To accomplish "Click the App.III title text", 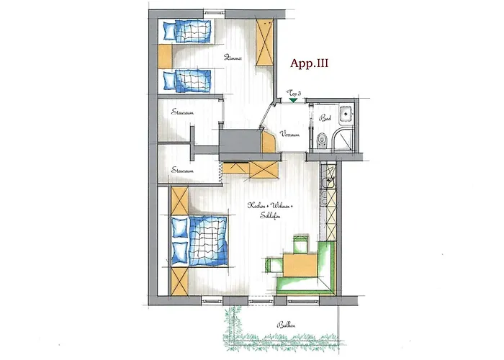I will (x=310, y=63).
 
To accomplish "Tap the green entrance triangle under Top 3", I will (x=293, y=101).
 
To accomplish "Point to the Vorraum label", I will (x=289, y=134).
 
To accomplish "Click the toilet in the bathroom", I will (x=321, y=140).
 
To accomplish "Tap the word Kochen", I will (x=255, y=206).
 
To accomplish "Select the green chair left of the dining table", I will (x=272, y=265).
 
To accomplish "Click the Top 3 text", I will (x=294, y=94).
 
